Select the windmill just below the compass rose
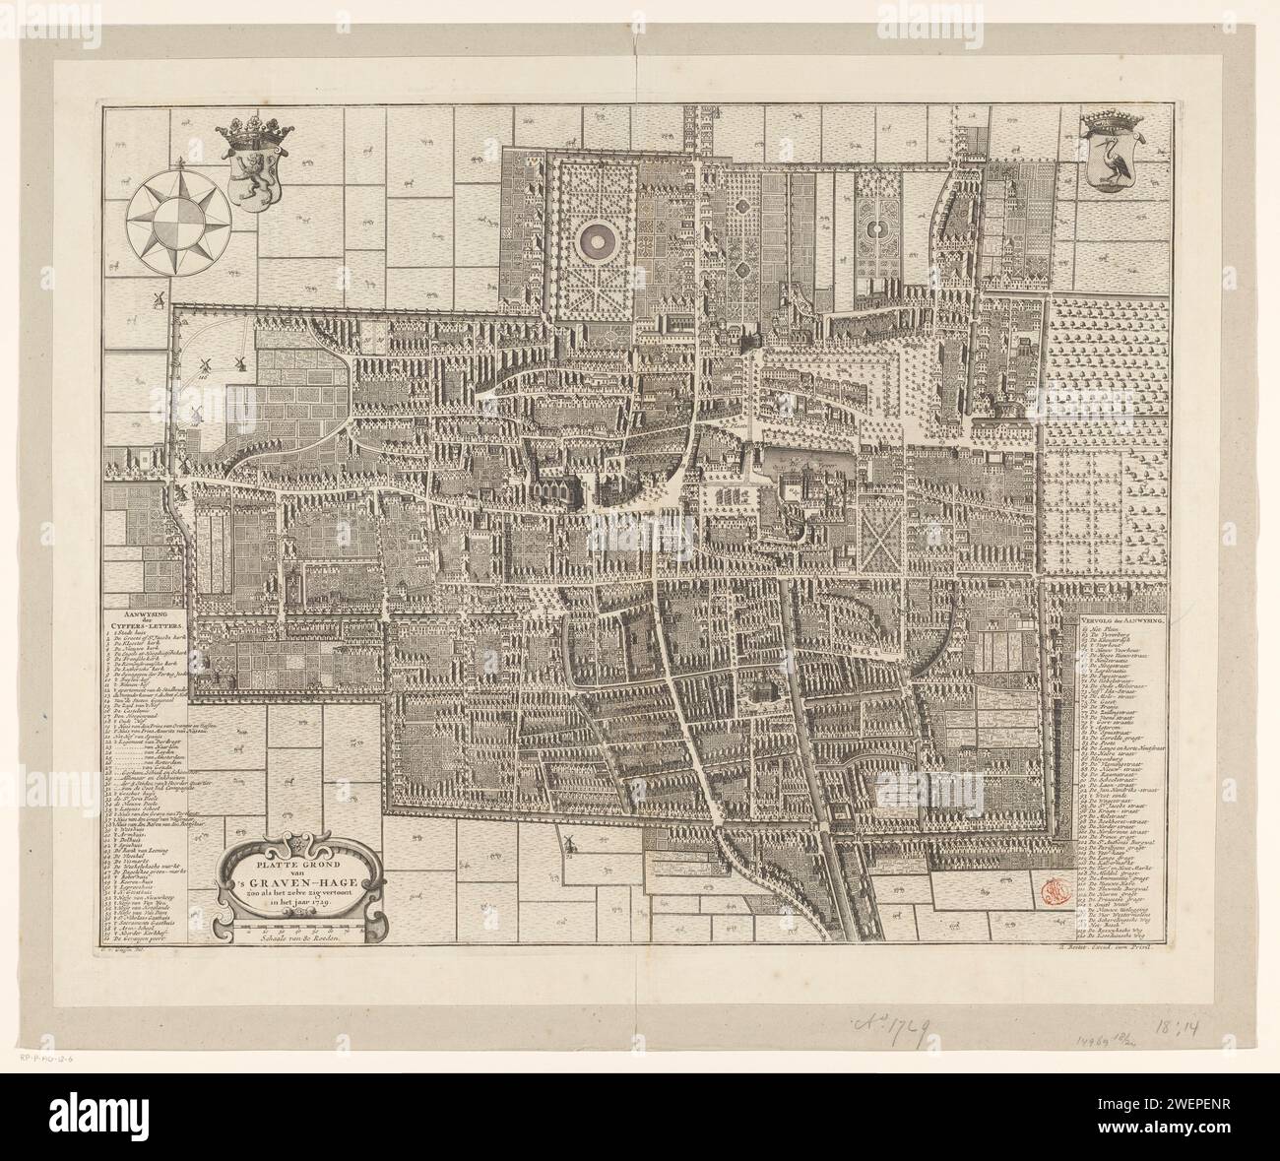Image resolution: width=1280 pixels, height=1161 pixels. [x=158, y=298]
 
